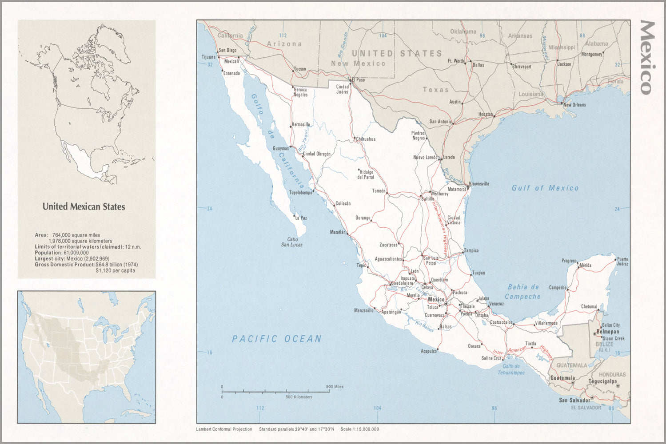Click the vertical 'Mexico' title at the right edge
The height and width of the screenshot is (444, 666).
(x=647, y=58)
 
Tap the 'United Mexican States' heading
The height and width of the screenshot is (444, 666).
(x=84, y=206)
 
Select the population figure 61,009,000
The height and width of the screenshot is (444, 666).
(x=76, y=253)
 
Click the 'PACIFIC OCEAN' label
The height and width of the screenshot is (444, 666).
(x=276, y=339)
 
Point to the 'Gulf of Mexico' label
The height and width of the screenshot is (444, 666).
(x=545, y=188)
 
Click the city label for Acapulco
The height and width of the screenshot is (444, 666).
(x=428, y=351)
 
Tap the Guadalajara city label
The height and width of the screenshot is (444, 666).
(x=402, y=283)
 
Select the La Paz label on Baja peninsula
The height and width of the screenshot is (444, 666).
(x=301, y=218)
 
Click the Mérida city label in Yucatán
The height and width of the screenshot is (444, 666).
(x=585, y=266)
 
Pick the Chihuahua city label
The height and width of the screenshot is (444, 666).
(x=366, y=139)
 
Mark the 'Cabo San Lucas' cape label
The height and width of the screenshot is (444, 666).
(x=292, y=242)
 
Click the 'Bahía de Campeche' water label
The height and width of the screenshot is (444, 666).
(x=523, y=292)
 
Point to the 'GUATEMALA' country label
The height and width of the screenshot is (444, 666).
(x=572, y=365)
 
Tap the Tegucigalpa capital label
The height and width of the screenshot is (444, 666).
(x=602, y=381)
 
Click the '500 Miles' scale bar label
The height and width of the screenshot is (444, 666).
(x=335, y=387)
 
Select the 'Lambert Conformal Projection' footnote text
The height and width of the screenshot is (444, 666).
(x=224, y=429)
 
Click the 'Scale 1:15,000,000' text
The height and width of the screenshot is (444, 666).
(x=359, y=429)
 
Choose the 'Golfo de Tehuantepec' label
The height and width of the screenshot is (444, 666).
(x=511, y=369)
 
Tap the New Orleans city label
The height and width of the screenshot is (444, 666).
(x=574, y=105)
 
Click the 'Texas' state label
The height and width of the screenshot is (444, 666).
(x=435, y=90)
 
